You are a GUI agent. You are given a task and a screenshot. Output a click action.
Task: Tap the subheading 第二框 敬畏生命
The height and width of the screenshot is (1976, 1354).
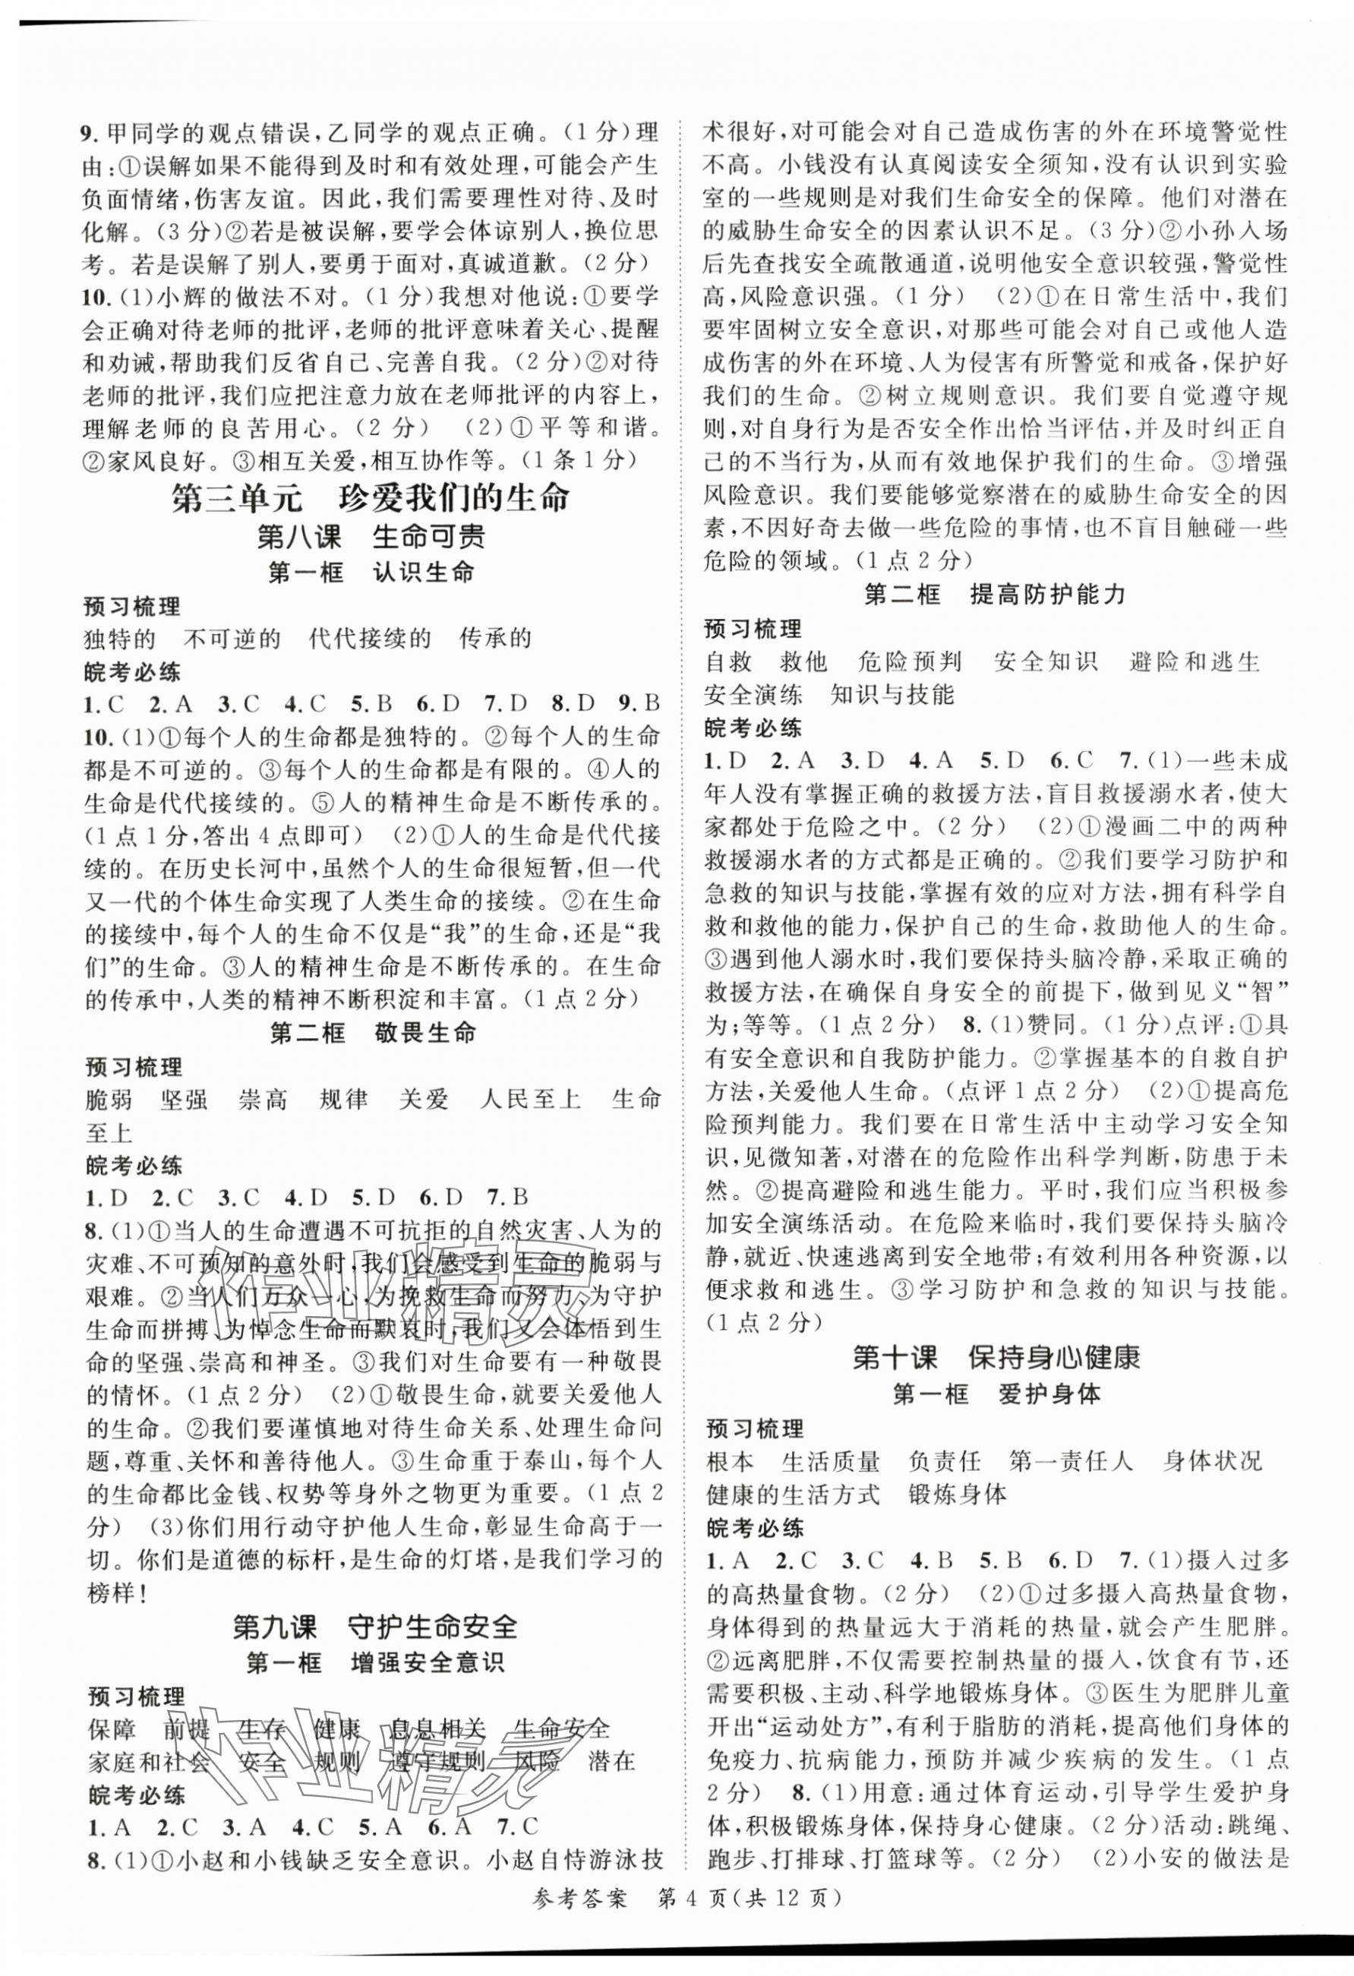[372, 1033]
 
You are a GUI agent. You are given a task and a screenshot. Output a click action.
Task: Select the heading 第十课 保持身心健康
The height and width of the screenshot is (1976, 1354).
[996, 1357]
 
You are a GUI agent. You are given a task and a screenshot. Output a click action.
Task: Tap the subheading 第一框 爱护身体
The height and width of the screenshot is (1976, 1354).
[996, 1394]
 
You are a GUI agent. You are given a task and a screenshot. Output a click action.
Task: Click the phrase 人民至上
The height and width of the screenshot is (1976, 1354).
[529, 1099]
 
